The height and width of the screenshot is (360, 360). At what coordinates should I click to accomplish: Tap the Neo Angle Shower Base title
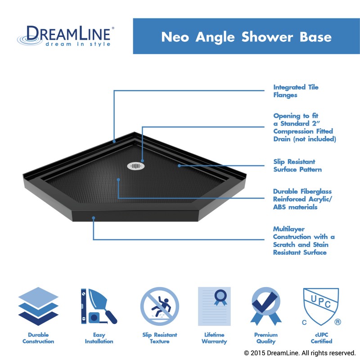point(246,36)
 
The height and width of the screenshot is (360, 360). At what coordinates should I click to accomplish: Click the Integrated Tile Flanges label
point(296,91)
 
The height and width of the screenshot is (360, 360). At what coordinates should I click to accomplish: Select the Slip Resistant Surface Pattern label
point(297,166)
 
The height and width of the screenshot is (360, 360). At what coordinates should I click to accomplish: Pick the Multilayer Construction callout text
point(304,241)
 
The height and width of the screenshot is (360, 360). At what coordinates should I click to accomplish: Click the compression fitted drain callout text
point(305,127)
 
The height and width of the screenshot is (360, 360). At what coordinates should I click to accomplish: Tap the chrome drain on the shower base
point(135,166)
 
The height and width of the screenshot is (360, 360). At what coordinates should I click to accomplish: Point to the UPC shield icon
point(320,306)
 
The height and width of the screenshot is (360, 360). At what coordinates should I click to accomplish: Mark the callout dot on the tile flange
point(114,141)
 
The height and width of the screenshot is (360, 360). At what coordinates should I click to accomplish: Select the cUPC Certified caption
point(321,338)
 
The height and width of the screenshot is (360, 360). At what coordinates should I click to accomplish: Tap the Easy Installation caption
point(99,338)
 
